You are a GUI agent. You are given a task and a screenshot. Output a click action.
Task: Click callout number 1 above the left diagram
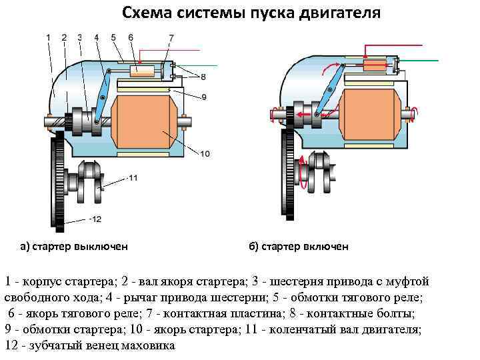[x=49, y=37]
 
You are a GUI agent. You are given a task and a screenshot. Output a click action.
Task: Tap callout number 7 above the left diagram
[x=171, y=37]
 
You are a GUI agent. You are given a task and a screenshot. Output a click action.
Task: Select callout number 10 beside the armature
[x=205, y=154]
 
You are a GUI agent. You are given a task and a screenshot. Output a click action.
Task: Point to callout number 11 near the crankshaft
[x=133, y=179]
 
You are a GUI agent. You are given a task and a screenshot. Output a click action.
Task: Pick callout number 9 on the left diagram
[x=203, y=97]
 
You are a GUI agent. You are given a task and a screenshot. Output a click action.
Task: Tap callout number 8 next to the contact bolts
[x=203, y=77]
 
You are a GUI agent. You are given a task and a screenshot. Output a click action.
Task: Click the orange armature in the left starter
[x=143, y=122]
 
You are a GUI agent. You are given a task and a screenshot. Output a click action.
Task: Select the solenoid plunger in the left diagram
[x=142, y=70]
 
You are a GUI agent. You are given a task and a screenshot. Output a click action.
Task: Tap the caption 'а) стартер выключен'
[x=73, y=247]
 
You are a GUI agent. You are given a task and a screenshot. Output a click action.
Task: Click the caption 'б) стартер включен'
[x=299, y=247]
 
